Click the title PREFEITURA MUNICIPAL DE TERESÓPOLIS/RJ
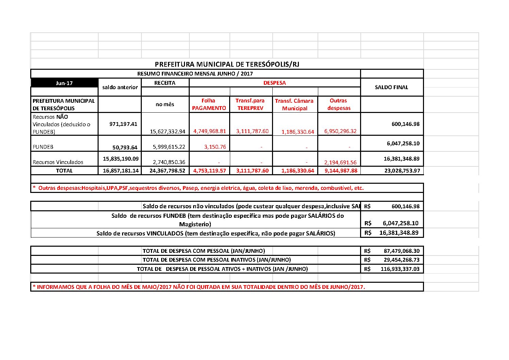227,64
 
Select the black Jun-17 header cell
64,83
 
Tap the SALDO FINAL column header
391,87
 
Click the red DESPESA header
274,83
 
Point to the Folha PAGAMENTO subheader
209,104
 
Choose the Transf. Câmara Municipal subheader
294,104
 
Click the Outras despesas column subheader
339,104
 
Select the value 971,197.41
123,124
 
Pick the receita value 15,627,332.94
167,131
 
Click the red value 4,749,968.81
209,131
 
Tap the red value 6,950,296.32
340,131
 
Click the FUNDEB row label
43,147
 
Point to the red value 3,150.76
215,147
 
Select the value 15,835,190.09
121,159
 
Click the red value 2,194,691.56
340,163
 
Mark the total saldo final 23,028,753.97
402,170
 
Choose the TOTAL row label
64,170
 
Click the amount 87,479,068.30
402,251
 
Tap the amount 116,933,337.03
400,269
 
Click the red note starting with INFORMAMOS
199,287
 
